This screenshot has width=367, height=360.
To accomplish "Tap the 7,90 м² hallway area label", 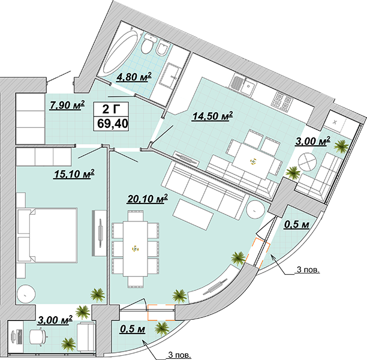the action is [67, 105].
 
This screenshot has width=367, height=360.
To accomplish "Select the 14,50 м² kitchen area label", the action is [212, 116].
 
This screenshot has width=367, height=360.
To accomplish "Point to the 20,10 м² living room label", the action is [148, 199].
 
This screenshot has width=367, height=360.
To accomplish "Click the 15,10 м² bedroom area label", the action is [74, 174].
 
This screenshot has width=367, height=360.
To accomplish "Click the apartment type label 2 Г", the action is [111, 109].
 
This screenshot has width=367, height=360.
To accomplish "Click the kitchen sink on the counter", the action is [248, 88].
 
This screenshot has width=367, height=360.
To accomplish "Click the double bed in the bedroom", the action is [47, 235].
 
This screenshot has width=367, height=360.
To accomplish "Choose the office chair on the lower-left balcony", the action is [38, 337].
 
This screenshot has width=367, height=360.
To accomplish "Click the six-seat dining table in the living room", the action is [136, 248].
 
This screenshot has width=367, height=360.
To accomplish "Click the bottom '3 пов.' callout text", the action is [179, 355].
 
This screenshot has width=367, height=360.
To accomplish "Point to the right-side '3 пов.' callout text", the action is [308, 270].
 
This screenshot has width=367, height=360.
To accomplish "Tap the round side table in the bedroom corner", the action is [26, 294].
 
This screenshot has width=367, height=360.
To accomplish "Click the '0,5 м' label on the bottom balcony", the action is [133, 329].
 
